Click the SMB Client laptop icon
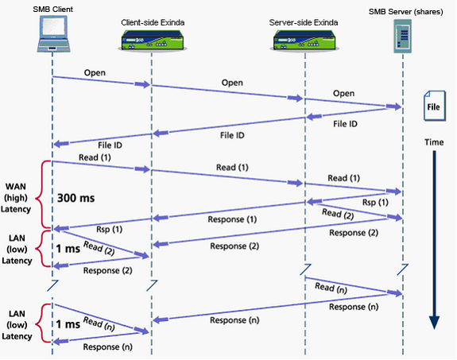point(53,34)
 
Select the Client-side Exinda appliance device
point(152,41)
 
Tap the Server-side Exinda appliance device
point(304,41)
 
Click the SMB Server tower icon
point(402,36)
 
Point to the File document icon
point(434,106)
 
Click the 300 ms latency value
point(76,198)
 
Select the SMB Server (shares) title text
point(405,12)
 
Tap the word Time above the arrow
point(434,142)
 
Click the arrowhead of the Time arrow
point(434,323)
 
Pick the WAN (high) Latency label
point(16,198)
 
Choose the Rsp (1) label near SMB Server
point(375,202)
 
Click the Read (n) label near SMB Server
point(331,288)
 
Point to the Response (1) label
point(232,219)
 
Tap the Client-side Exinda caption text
point(153,22)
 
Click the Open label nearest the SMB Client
point(95,72)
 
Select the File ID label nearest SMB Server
point(345,124)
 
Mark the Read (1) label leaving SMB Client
point(95,157)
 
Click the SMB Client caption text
point(52,10)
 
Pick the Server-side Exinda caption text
point(304,22)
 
